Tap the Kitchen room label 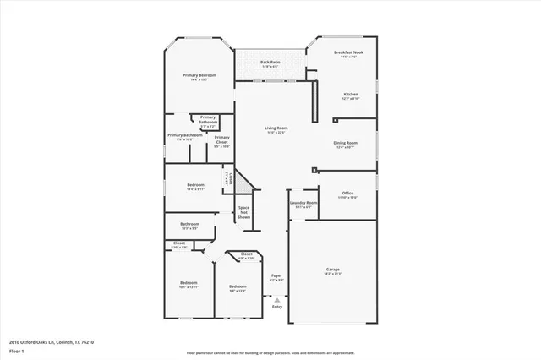[350, 94]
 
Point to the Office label [347, 194]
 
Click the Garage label [333, 270]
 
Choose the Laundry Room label [303, 203]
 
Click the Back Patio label [270, 62]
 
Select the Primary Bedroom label [199, 75]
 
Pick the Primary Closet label [221, 139]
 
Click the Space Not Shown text [243, 212]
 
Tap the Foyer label [276, 275]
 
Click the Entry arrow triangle [276, 298]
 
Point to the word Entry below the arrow [276, 306]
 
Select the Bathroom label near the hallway [189, 224]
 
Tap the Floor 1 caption [16, 350]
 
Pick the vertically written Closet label [227, 178]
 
